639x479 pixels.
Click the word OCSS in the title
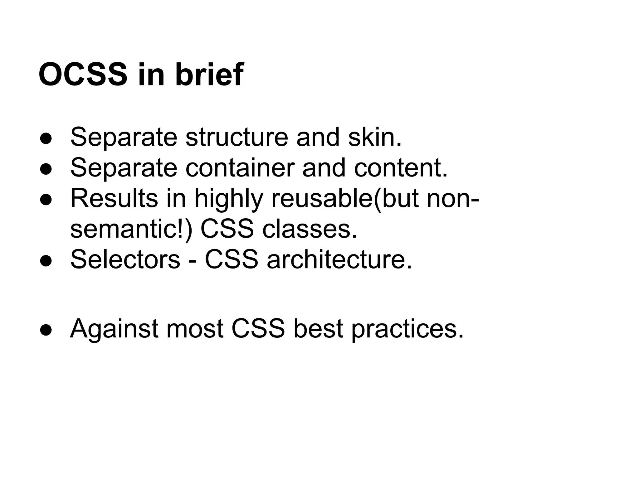point(83,75)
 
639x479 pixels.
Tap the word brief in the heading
point(209,75)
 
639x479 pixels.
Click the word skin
point(375,137)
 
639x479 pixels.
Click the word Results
point(114,198)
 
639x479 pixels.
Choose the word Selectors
point(125,259)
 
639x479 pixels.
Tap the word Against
point(116,329)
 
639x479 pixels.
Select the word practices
point(407,329)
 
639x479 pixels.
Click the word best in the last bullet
point(318,329)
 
